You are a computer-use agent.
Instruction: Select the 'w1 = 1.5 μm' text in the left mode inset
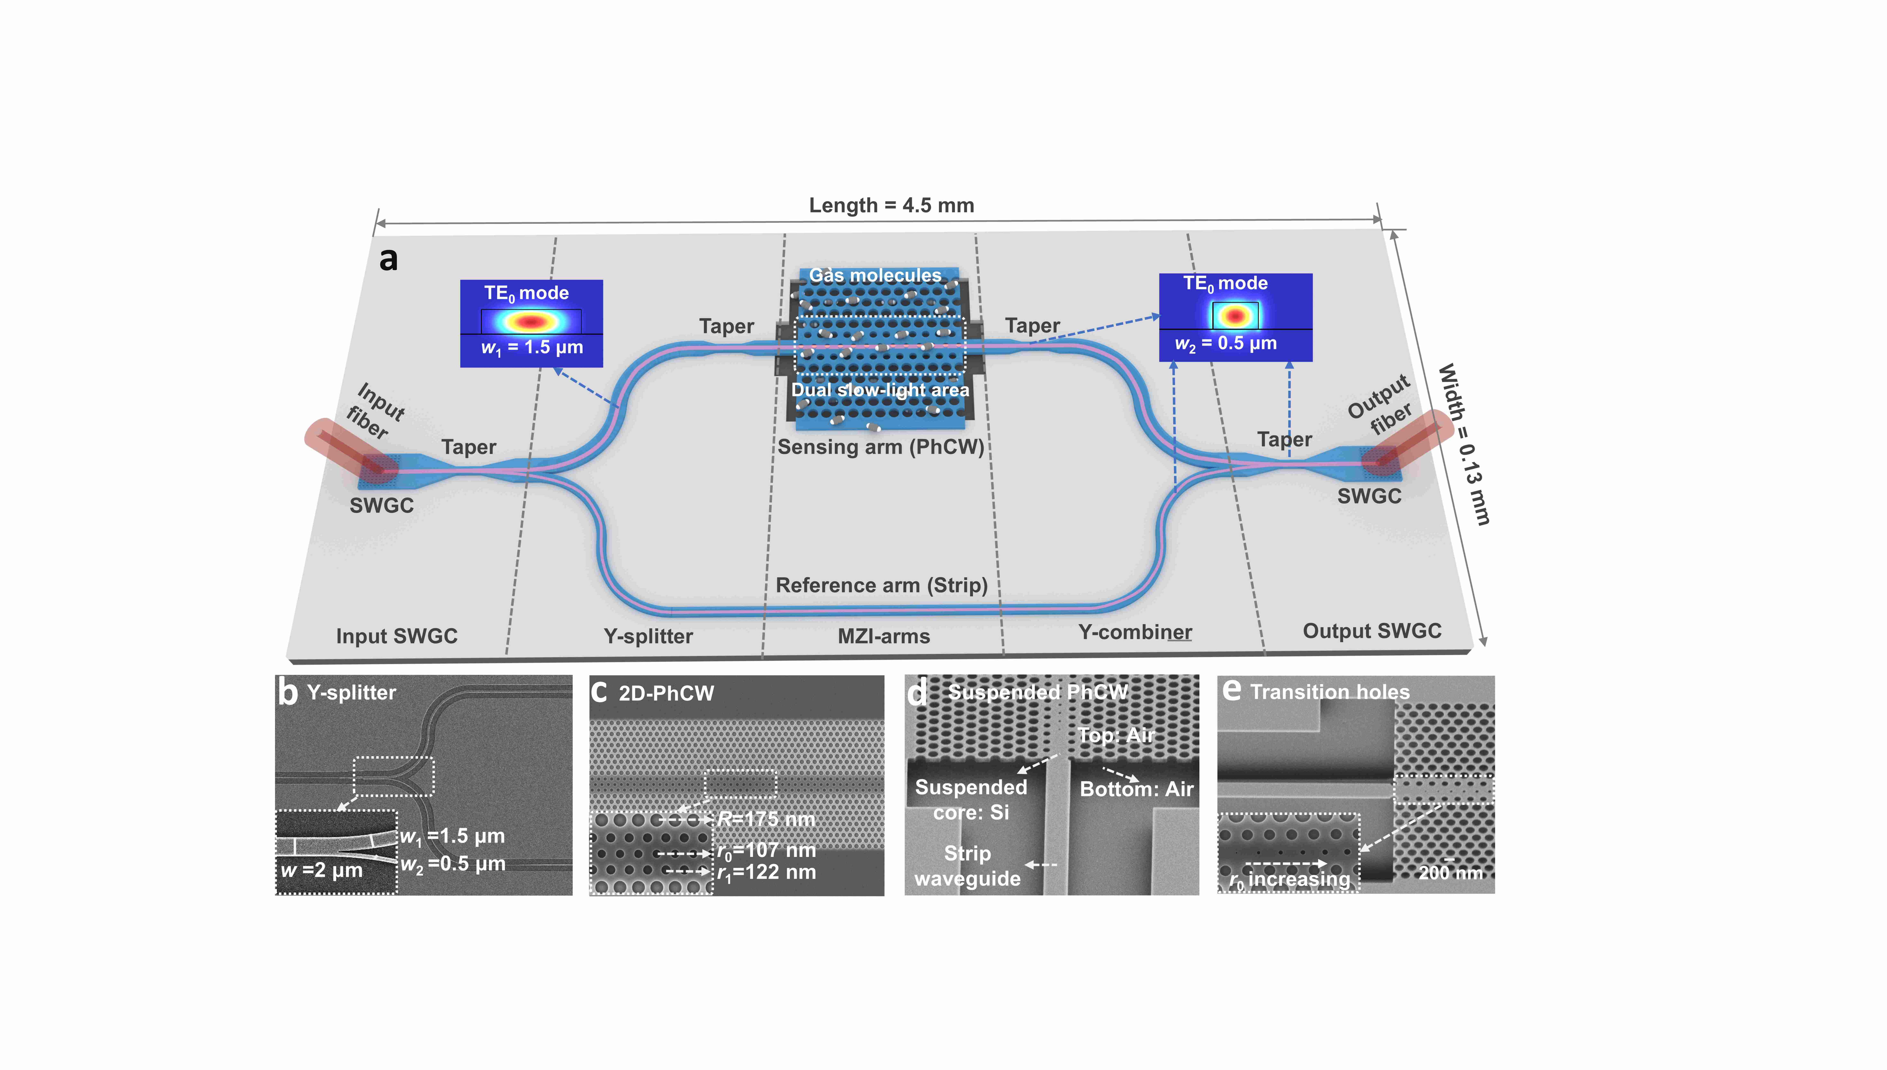pyautogui.click(x=532, y=348)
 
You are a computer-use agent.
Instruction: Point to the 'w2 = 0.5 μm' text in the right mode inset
pyautogui.click(x=1226, y=343)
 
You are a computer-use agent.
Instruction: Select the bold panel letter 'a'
pyautogui.click(x=388, y=259)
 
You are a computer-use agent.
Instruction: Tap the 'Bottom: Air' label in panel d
pyautogui.click(x=1136, y=789)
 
